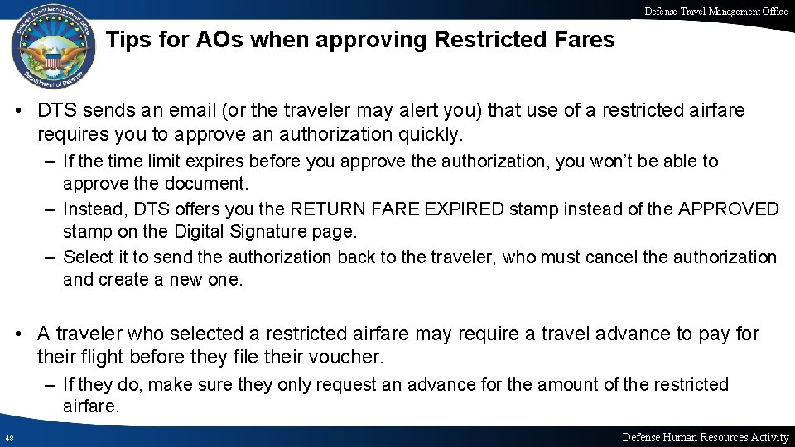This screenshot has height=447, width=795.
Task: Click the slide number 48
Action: pyautogui.click(x=9, y=437)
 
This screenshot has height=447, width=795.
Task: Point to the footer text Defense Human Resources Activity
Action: pyautogui.click(x=705, y=437)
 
